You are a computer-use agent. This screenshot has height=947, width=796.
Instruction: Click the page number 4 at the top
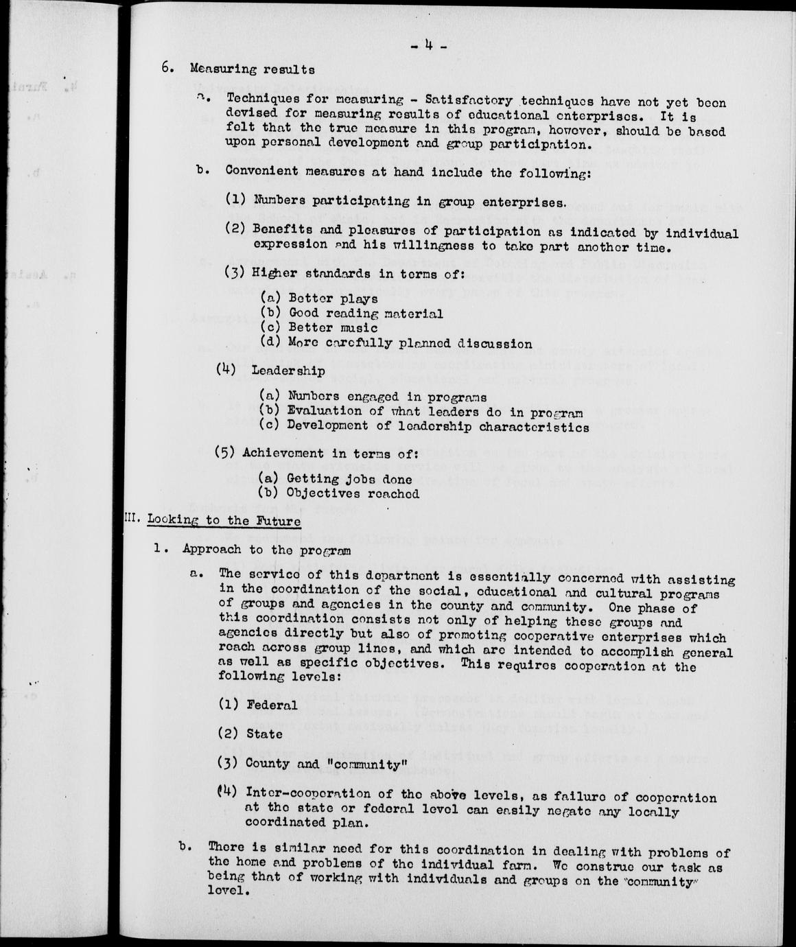[428, 47]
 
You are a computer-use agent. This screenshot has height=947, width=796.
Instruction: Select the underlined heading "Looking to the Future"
[224, 521]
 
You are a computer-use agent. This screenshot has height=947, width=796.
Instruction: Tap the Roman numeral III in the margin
[132, 519]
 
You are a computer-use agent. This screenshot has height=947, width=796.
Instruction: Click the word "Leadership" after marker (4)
[288, 370]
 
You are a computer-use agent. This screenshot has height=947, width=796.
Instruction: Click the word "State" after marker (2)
[264, 734]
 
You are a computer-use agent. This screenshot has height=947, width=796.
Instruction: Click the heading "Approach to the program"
[266, 550]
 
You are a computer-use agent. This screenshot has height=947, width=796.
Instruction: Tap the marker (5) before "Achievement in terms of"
[226, 452]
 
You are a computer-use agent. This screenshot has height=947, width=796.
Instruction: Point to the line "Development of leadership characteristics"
[438, 426]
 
